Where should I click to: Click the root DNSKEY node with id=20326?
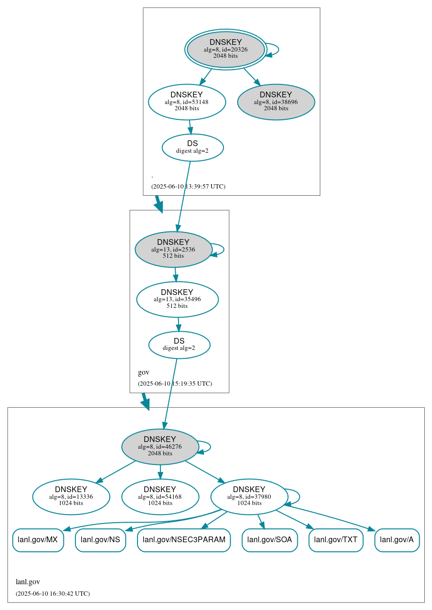[x=226, y=49]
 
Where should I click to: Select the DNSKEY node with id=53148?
[x=187, y=102]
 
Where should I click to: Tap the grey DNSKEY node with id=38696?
[x=276, y=102]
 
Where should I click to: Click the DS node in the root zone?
[x=192, y=147]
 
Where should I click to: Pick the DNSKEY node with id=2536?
[x=173, y=249]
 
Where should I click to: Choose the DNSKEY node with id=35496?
[x=177, y=299]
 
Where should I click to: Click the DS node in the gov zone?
[x=179, y=345]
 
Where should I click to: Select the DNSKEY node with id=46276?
[x=160, y=447]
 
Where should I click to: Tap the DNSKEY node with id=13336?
[x=71, y=496]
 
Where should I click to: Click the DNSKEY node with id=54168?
[x=160, y=496]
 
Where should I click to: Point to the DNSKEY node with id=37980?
[x=249, y=496]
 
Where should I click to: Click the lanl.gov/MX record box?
[x=38, y=540]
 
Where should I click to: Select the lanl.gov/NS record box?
[x=100, y=540]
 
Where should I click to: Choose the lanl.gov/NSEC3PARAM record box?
[x=184, y=540]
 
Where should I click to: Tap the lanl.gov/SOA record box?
[x=270, y=540]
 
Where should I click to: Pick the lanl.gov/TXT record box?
[x=336, y=540]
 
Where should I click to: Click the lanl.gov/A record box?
[x=397, y=540]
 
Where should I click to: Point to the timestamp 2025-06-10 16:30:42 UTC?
[x=53, y=594]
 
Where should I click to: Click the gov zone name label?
[x=144, y=372]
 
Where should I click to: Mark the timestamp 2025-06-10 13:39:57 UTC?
[x=188, y=187]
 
